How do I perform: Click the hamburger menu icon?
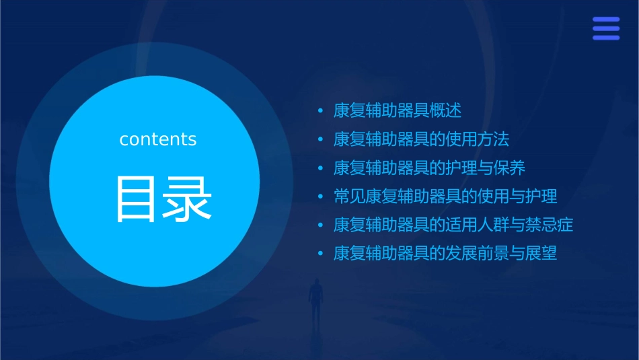(x=605, y=28)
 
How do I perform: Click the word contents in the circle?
(x=158, y=139)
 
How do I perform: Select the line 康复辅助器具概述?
(x=398, y=110)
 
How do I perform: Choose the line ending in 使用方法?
(x=421, y=139)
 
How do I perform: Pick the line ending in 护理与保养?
(x=429, y=168)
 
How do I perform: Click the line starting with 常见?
(x=445, y=196)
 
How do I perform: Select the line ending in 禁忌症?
(x=453, y=225)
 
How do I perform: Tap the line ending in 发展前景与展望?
(x=445, y=254)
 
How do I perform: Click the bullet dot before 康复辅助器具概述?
(x=321, y=111)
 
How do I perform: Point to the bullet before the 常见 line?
(x=321, y=197)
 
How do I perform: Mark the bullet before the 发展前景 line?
(x=321, y=254)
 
